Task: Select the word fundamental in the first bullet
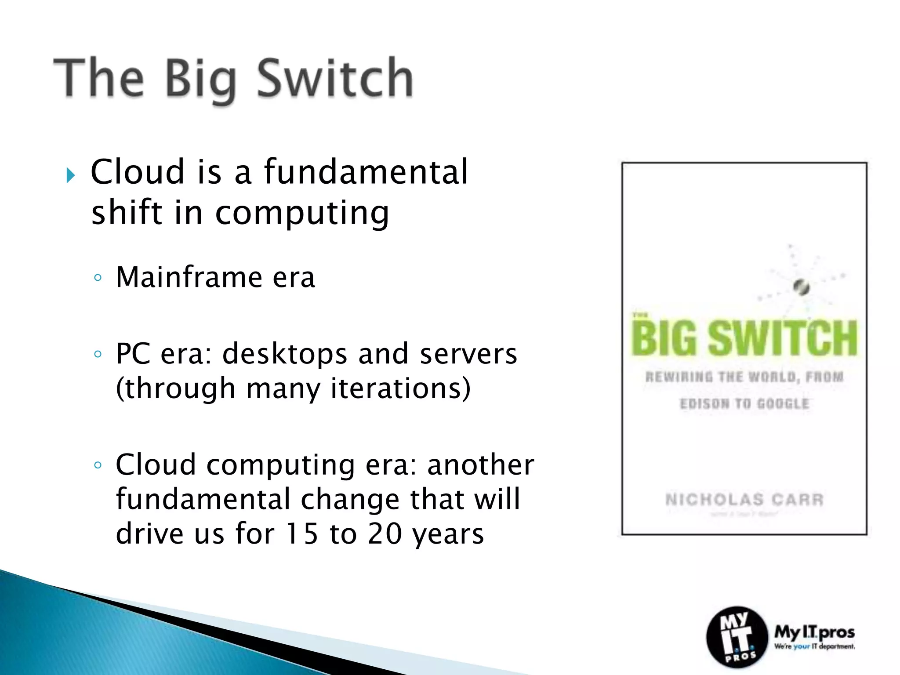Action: tap(366, 171)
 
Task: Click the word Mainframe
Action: tap(189, 277)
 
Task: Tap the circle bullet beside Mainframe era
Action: tap(98, 278)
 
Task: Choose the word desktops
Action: tap(285, 354)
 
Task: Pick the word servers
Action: tap(468, 354)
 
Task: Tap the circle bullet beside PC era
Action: tap(98, 354)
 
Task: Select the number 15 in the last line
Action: tap(301, 534)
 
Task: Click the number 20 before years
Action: tap(385, 534)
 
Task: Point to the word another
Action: tap(481, 465)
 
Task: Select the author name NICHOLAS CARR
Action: tap(744, 500)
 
